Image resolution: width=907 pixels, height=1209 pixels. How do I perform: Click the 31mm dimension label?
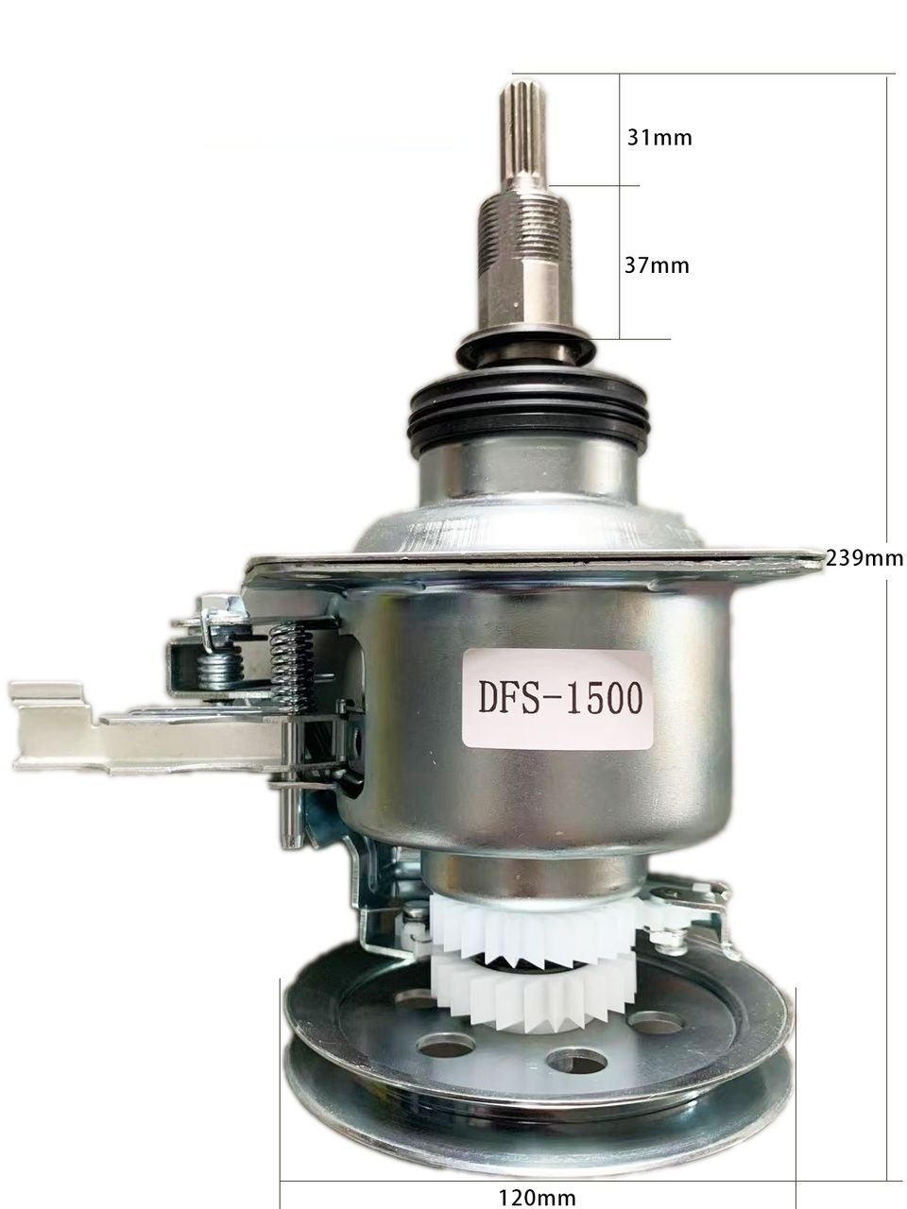pos(659,137)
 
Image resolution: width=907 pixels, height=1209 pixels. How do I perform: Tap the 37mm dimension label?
pos(657,265)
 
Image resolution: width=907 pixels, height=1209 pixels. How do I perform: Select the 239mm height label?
pos(864,558)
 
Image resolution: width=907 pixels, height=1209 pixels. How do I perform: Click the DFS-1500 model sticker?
pos(556,698)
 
